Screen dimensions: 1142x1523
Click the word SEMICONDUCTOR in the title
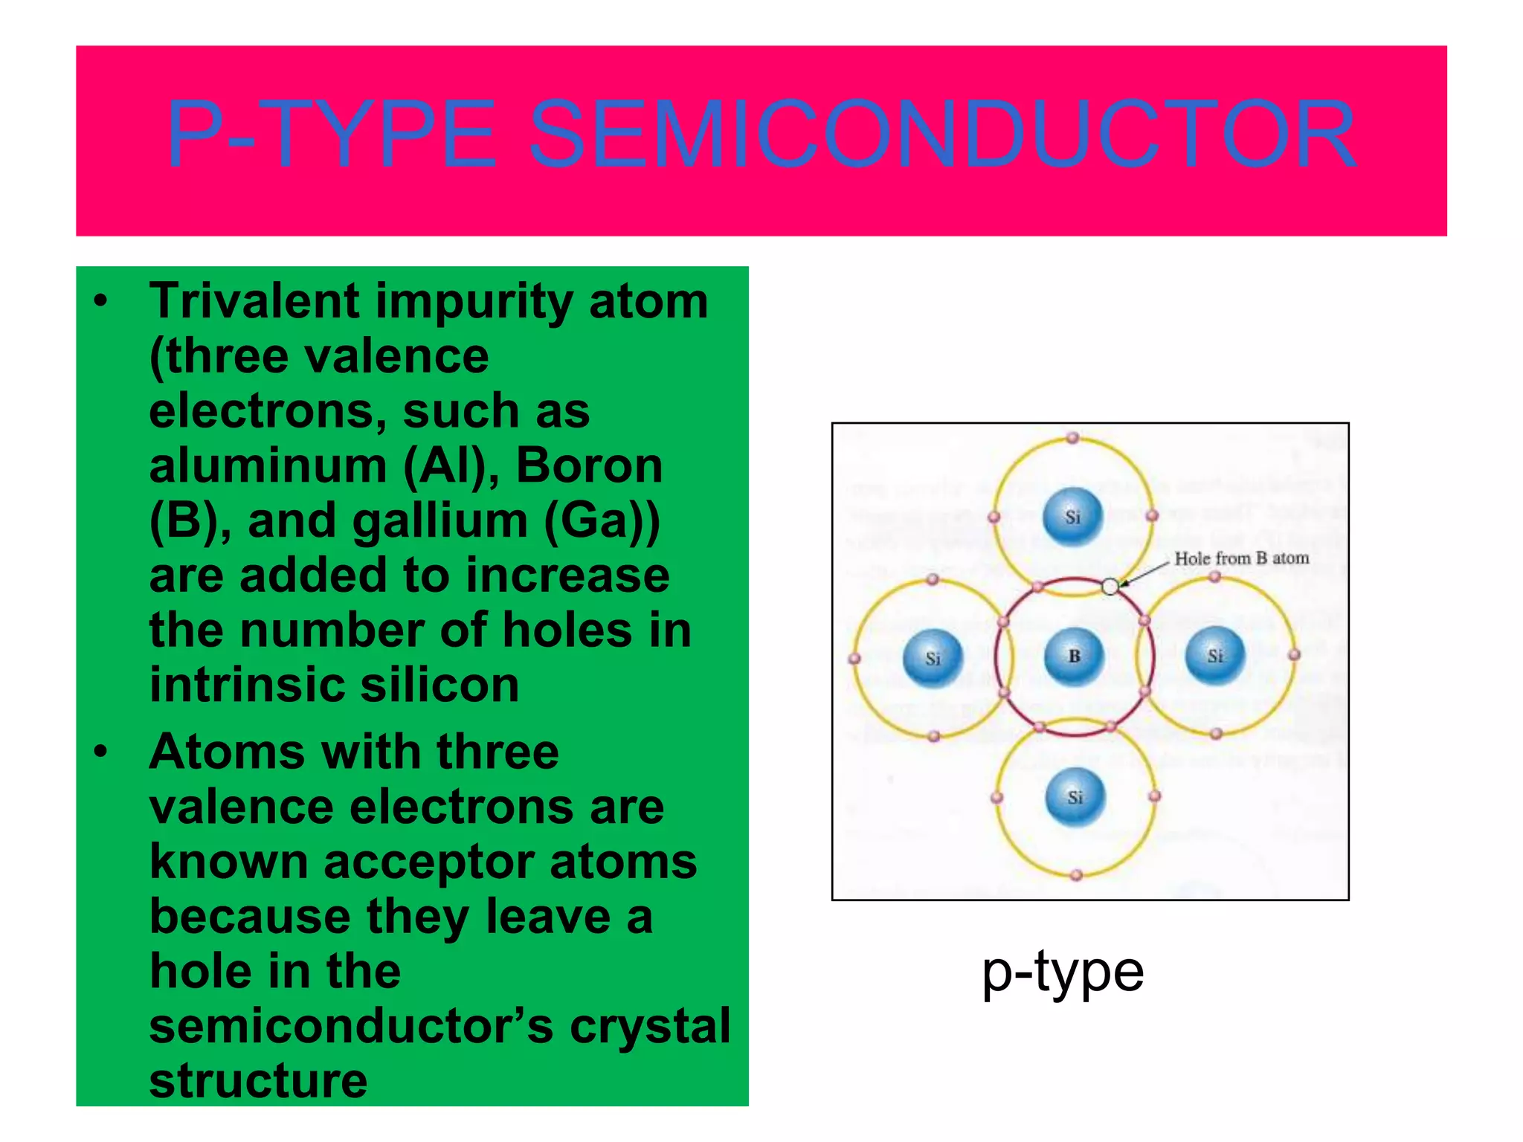pos(941,135)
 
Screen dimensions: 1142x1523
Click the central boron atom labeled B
pos(1074,656)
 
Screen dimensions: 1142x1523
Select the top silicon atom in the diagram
pos(1072,516)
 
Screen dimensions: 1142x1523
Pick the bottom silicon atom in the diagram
pos(1075,797)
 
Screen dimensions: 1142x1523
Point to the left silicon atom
pos(933,658)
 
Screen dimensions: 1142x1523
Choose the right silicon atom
pos(1214,656)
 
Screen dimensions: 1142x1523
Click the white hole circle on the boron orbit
pos(1110,587)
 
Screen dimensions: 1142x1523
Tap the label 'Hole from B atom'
pos(1241,558)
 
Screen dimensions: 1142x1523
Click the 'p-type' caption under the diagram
pos(1063,972)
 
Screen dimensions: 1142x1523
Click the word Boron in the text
pos(589,466)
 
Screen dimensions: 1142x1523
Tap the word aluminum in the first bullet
pos(268,466)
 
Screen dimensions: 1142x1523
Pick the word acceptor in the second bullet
pos(428,862)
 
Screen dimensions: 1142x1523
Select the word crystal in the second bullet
pos(650,1026)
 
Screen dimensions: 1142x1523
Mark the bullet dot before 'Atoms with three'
pos(101,752)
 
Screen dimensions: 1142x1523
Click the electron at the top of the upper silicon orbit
pos(1072,438)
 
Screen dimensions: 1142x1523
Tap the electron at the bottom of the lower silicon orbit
pos(1076,876)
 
